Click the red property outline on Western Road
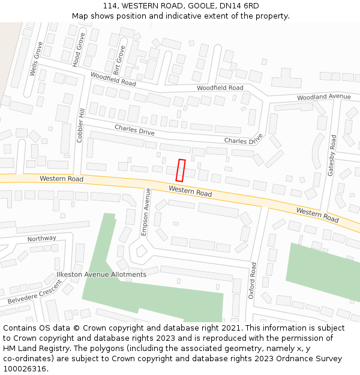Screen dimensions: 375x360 (181, 170)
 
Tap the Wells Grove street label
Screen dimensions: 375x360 (35, 59)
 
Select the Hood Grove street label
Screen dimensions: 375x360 (77, 49)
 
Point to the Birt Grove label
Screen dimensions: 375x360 (118, 60)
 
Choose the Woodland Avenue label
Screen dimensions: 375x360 (323, 97)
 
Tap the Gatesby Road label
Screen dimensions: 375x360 (331, 155)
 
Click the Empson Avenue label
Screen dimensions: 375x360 (145, 212)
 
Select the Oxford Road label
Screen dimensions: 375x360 (253, 280)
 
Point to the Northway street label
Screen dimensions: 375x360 (41, 239)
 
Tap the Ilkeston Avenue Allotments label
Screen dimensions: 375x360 (101, 274)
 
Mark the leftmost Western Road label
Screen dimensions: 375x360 (61, 179)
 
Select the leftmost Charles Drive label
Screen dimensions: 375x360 (134, 130)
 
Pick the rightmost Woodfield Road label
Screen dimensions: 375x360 (220, 88)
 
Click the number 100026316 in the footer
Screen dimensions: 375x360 (25, 369)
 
